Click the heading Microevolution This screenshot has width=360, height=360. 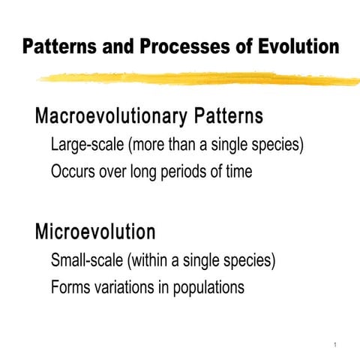[x=95, y=231]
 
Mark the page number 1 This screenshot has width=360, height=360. [x=331, y=344]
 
